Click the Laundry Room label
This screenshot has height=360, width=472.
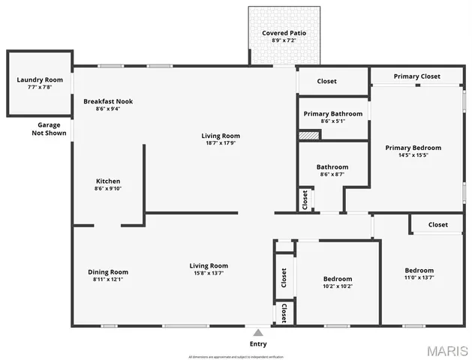[40, 79]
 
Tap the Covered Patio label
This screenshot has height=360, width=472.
[284, 33]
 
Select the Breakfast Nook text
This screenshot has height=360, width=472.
[108, 101]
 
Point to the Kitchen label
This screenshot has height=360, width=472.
[108, 181]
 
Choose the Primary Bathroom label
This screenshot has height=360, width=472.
[332, 113]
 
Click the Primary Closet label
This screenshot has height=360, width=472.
[416, 76]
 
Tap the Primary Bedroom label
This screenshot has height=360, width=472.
[413, 148]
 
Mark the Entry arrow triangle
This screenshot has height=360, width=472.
[257, 332]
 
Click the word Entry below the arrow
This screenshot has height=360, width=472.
[257, 343]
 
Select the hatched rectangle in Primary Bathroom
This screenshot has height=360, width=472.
[308, 135]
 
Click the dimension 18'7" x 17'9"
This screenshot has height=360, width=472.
[221, 143]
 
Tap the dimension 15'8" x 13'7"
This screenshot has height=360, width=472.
[208, 273]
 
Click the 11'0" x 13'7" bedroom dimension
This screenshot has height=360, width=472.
[419, 277]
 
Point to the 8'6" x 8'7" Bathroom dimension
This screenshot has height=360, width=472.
[332, 174]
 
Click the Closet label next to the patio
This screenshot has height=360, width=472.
[326, 81]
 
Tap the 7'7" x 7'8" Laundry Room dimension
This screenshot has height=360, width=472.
[40, 87]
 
